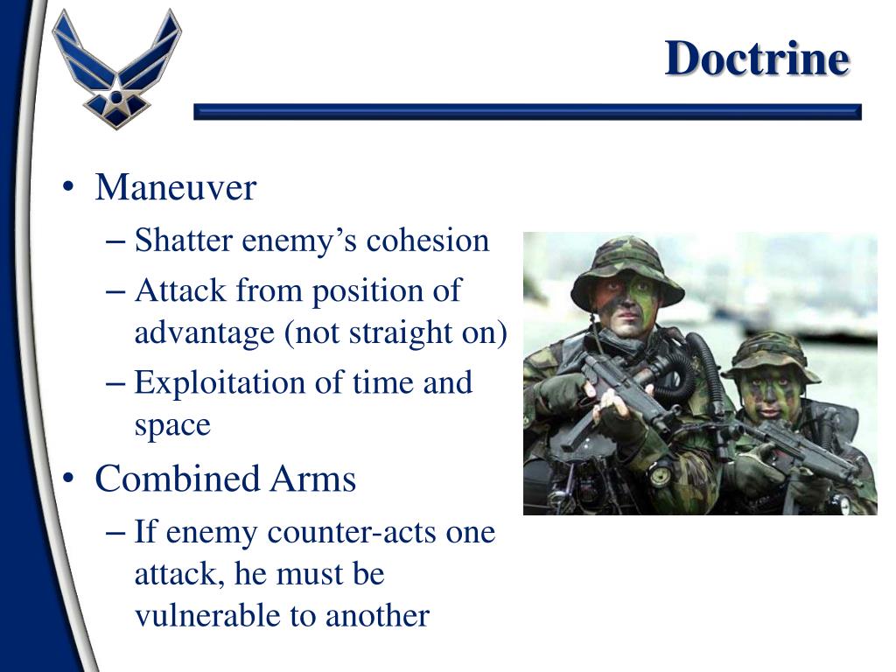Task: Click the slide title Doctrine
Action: click(x=756, y=59)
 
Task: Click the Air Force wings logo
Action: click(x=116, y=68)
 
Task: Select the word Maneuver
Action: click(x=175, y=187)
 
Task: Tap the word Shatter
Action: click(x=176, y=241)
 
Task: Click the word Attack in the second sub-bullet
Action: click(x=180, y=290)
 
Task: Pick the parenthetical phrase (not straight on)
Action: click(x=395, y=333)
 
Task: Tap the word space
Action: click(x=172, y=426)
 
